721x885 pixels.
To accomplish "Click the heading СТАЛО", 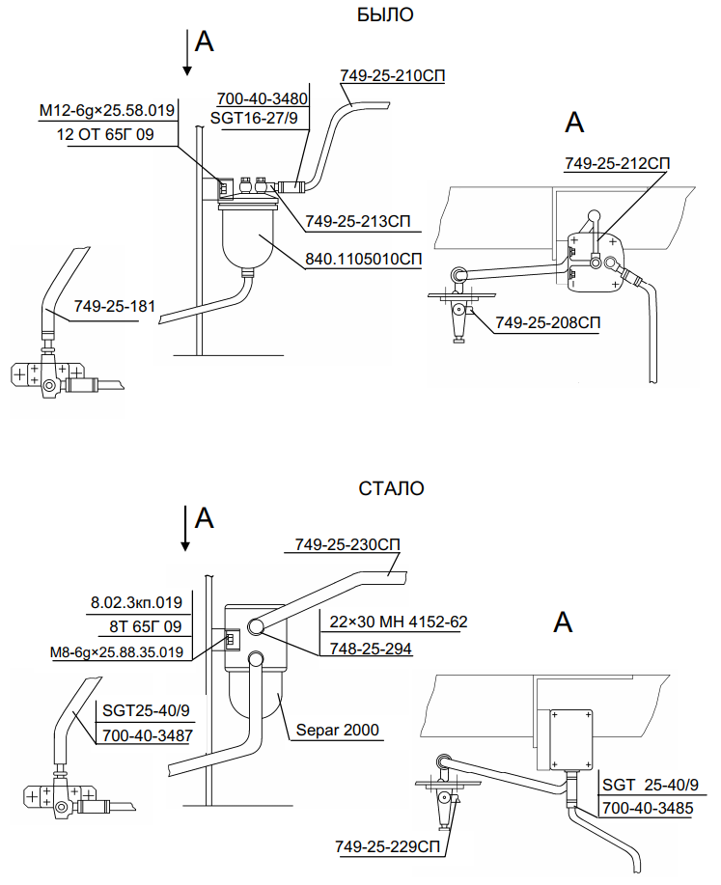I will coord(391,488).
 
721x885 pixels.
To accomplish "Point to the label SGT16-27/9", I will coord(257,118).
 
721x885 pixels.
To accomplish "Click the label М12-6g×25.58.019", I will coord(106,111).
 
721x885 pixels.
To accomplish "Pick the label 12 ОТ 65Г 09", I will coord(105,134).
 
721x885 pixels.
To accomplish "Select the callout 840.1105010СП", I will coord(364,259).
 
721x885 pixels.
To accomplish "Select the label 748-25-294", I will coord(367,650).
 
